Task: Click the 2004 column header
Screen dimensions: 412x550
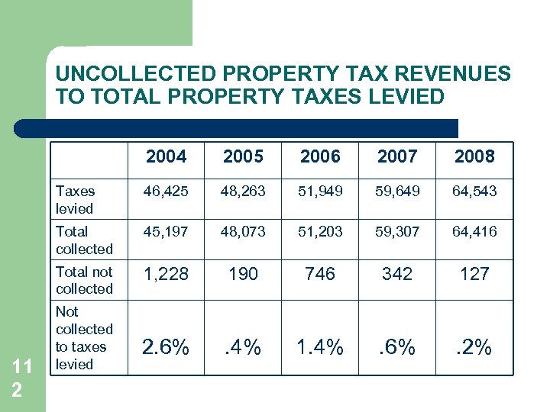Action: [166, 156]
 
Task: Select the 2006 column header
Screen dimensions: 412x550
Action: [320, 156]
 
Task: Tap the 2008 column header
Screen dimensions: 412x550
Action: [474, 156]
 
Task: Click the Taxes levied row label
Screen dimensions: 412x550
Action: [75, 200]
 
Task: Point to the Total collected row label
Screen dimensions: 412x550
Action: [83, 240]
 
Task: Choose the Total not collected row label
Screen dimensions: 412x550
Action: [84, 280]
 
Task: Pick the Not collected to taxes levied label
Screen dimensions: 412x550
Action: [83, 338]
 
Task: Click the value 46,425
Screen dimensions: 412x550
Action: [166, 192]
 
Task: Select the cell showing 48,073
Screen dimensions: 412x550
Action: [243, 231]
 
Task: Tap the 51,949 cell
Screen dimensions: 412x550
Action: [320, 192]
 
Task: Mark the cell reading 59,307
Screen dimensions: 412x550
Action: [397, 231]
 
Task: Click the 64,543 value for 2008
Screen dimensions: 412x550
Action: [474, 192]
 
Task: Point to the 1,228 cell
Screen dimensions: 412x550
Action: [166, 273]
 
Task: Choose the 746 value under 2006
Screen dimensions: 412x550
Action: [320, 273]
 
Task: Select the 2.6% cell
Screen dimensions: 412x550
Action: [166, 347]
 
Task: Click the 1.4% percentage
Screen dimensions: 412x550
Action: [320, 347]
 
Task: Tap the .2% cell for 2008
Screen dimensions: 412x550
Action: [474, 347]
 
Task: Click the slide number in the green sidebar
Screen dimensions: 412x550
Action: [21, 376]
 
